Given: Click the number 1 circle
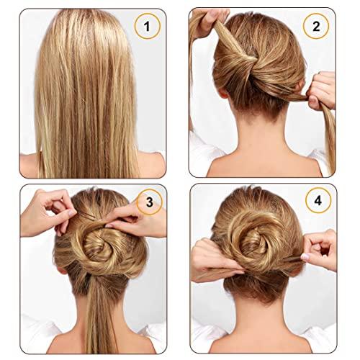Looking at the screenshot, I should (147, 29).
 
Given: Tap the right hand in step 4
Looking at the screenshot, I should (320, 248).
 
